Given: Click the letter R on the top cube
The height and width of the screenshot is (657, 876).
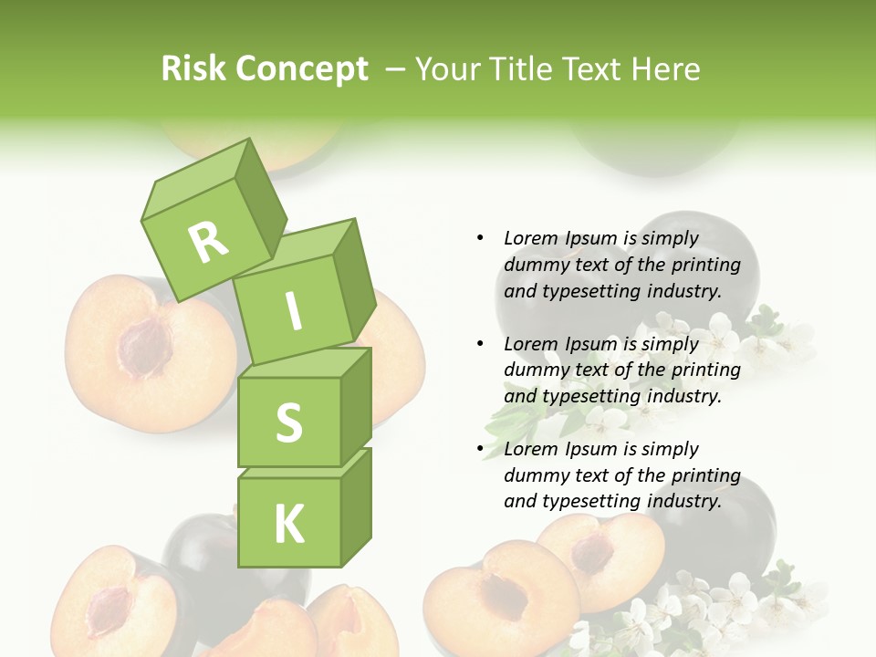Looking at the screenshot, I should coord(209,242).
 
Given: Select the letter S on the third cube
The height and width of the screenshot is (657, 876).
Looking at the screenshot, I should coord(288,422).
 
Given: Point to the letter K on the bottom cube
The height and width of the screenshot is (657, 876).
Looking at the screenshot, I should coord(288,524).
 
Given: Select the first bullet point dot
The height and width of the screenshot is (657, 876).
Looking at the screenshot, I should coord(480,238).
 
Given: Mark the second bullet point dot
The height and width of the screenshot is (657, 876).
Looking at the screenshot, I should coord(480,344).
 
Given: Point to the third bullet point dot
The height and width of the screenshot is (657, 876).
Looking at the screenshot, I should coord(480,449).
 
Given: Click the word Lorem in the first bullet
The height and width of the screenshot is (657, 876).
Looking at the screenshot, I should coord(531,238).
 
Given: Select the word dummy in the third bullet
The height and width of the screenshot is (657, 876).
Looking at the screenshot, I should coord(533,475).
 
